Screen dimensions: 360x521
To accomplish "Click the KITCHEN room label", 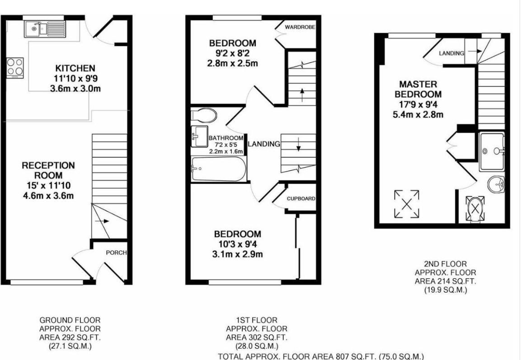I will (75, 68).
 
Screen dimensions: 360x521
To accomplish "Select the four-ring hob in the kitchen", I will (15, 67).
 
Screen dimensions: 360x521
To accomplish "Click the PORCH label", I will (116, 253).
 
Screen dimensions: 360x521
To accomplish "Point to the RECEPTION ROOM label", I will (48, 170).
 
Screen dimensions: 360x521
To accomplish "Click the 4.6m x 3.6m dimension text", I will (48, 195).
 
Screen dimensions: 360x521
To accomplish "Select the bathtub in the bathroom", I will (219, 169).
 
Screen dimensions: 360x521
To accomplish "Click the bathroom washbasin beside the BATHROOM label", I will (198, 136).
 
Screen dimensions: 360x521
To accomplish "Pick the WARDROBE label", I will (300, 27).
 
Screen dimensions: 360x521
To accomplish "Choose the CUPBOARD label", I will (301, 199).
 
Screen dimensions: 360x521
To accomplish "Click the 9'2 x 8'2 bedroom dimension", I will (232, 53).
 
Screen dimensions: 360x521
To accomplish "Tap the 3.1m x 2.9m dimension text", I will (237, 254).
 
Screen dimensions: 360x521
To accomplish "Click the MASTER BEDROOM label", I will (418, 89).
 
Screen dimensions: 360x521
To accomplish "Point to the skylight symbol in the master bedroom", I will (407, 204).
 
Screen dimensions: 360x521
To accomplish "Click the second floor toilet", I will (475, 208).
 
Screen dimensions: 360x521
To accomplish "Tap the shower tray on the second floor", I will (492, 151).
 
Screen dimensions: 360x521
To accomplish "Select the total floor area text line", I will (321, 356).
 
